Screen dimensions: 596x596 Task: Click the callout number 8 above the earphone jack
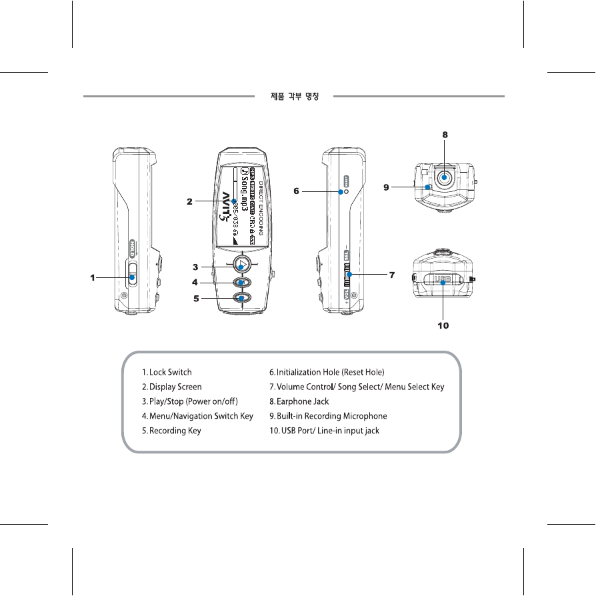click(x=445, y=134)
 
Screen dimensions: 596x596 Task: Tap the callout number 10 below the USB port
click(x=443, y=326)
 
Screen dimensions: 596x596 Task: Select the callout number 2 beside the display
click(x=190, y=201)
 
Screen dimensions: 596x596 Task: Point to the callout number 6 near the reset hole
click(x=297, y=191)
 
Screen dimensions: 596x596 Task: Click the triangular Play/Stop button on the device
click(x=243, y=265)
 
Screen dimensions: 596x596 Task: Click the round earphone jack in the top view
click(x=445, y=178)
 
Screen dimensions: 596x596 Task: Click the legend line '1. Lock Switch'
click(x=167, y=372)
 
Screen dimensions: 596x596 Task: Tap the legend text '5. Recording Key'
click(x=171, y=431)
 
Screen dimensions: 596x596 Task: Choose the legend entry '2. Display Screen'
click(x=171, y=387)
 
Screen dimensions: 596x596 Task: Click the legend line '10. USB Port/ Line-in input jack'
click(x=324, y=431)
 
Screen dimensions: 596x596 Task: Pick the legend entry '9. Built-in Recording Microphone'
click(x=328, y=416)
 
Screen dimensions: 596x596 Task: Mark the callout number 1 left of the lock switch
click(x=94, y=278)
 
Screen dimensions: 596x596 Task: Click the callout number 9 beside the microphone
click(x=386, y=188)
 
